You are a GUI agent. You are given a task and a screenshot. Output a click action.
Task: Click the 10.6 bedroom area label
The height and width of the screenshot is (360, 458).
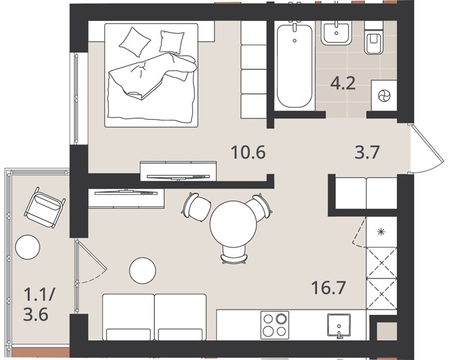click(x=248, y=152)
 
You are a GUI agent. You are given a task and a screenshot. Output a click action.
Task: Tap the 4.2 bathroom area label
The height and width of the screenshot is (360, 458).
click(x=343, y=83)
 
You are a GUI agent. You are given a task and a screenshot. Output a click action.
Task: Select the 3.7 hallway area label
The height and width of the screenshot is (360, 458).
click(x=367, y=152)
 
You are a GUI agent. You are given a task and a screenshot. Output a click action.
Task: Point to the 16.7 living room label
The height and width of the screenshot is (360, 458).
click(x=328, y=287)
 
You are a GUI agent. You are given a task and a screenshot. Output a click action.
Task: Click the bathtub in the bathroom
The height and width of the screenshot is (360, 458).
click(x=294, y=66)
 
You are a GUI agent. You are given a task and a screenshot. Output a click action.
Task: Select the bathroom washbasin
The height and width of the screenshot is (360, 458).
click(x=337, y=33)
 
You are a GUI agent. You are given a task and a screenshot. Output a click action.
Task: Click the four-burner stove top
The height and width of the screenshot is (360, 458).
click(x=274, y=325)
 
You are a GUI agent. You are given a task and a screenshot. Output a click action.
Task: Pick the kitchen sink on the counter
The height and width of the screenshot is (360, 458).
click(x=339, y=326)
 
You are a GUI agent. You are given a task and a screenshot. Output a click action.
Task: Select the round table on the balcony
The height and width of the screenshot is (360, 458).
click(x=28, y=247)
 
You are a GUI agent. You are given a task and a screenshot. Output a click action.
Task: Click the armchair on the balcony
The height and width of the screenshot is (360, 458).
click(x=44, y=207)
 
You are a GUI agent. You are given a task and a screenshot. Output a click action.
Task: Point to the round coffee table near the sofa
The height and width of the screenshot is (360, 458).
click(x=142, y=271)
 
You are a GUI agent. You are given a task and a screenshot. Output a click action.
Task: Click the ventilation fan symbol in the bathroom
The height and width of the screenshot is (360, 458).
click(x=383, y=96)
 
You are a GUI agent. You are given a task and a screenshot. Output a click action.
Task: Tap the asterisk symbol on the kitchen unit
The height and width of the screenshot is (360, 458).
click(x=381, y=232)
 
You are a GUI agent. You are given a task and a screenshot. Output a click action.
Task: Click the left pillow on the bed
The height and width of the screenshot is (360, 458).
click(x=134, y=42)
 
